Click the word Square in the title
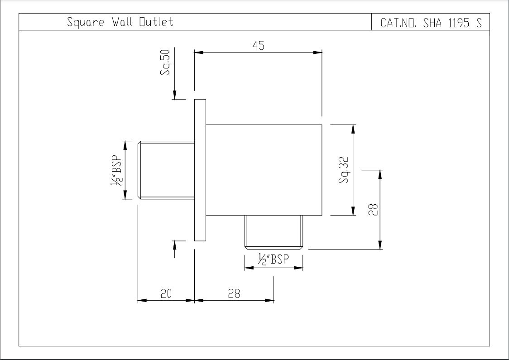pyautogui.click(x=86, y=22)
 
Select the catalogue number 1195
pyautogui.click(x=459, y=23)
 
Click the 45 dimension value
pyautogui.click(x=259, y=46)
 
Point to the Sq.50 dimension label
pyautogui.click(x=165, y=62)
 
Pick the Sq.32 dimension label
pyautogui.click(x=343, y=170)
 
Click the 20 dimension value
pyautogui.click(x=166, y=293)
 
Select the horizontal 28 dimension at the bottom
pyautogui.click(x=234, y=293)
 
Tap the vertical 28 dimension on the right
pyautogui.click(x=373, y=209)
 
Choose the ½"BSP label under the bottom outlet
pyautogui.click(x=274, y=259)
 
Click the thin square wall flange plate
pyautogui.click(x=200, y=170)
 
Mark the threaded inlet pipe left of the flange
pyautogui.click(x=166, y=170)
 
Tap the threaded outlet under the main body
pyautogui.click(x=274, y=232)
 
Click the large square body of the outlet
pyautogui.click(x=264, y=170)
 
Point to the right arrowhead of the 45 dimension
pyautogui.click(x=318, y=52)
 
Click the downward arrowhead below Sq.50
pyautogui.click(x=175, y=95)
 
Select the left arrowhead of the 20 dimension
pyautogui.click(x=143, y=300)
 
